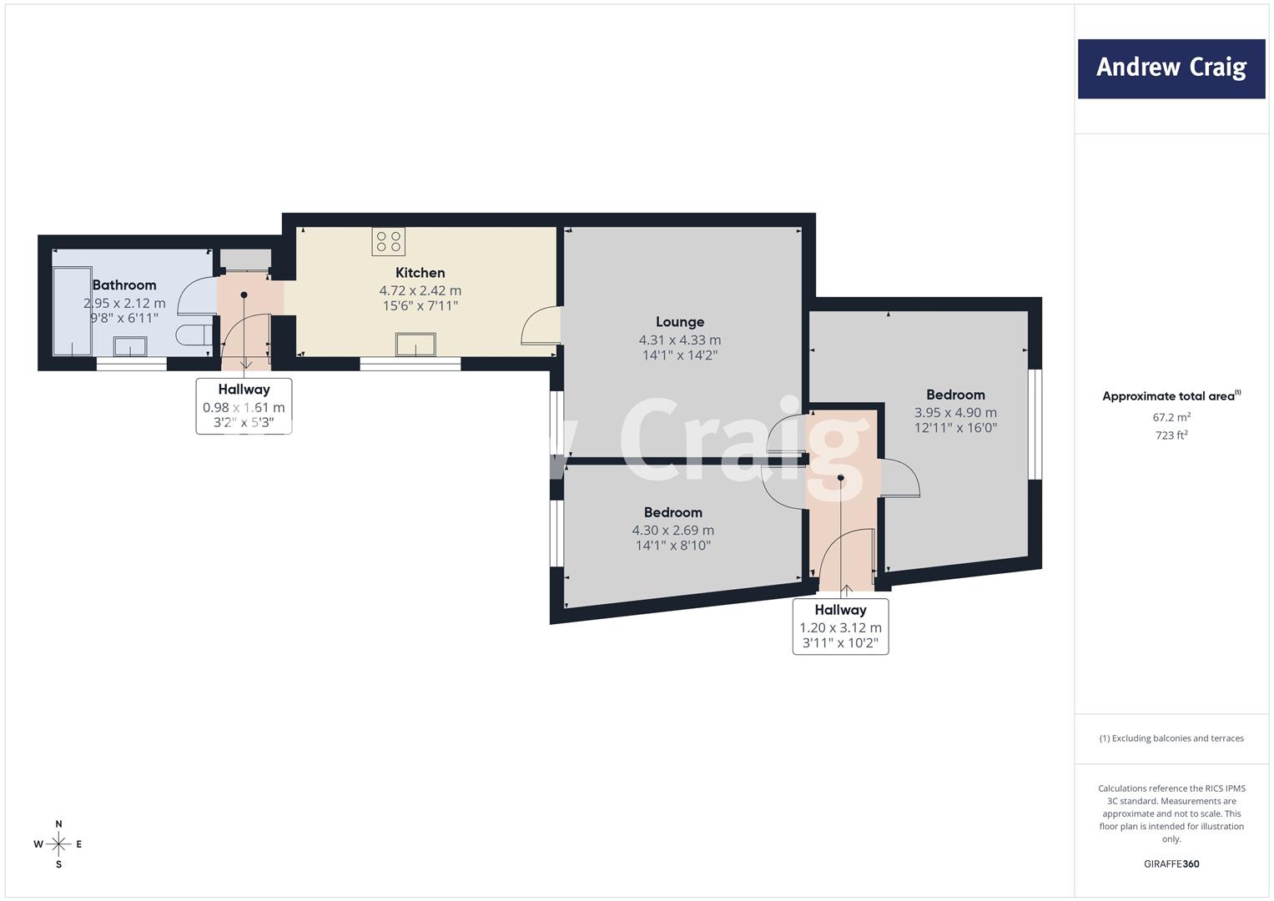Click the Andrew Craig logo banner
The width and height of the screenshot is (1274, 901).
tap(1171, 68)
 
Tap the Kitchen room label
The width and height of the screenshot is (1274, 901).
tap(420, 273)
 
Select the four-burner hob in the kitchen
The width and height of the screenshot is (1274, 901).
tap(389, 241)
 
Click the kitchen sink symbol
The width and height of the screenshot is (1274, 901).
tap(415, 345)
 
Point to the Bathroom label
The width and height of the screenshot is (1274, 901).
tap(124, 285)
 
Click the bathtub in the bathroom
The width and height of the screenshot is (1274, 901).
tap(73, 312)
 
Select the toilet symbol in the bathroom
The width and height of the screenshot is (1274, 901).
tap(194, 335)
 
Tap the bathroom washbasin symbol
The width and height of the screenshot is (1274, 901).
tap(130, 346)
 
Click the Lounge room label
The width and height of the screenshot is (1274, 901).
tap(680, 322)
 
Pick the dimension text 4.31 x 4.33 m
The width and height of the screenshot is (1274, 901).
tap(680, 340)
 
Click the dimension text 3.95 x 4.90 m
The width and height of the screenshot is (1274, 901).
tap(955, 412)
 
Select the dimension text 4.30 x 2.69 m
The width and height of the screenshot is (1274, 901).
tap(672, 530)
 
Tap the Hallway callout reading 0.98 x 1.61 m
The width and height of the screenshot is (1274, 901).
tap(244, 406)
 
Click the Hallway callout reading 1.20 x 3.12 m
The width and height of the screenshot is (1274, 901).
tap(841, 627)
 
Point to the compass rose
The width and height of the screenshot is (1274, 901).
tap(58, 844)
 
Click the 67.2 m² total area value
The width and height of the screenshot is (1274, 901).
tap(1171, 417)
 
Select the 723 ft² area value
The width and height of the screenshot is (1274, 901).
tap(1171, 435)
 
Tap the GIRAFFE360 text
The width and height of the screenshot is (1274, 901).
tap(1171, 863)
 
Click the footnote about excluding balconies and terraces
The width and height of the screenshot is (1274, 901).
tap(1171, 738)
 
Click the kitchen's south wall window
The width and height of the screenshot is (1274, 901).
tap(410, 364)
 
